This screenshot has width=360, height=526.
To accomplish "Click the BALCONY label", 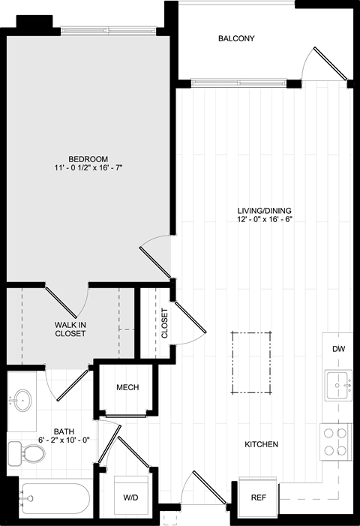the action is (x=236, y=38).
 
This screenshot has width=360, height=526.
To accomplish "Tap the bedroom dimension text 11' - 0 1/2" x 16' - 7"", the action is (x=88, y=168).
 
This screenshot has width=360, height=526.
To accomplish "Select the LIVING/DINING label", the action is (x=265, y=211).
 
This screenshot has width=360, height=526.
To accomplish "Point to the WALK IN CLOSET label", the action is (x=70, y=329).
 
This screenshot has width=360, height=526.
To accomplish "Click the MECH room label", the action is (x=127, y=387).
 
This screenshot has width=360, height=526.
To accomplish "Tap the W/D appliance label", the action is (x=130, y=497).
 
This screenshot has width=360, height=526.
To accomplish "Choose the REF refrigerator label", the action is (x=259, y=497).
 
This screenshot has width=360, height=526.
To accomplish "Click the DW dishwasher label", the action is (x=338, y=349).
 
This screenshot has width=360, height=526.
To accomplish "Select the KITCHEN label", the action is (x=262, y=444).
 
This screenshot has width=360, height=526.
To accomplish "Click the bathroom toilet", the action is (x=26, y=453).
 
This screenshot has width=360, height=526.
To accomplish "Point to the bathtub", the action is (x=54, y=498).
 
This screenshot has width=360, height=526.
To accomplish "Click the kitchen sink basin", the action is (x=338, y=385).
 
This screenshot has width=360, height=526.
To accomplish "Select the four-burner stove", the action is (x=335, y=442).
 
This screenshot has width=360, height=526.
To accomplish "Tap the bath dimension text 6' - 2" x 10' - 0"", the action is (x=64, y=440).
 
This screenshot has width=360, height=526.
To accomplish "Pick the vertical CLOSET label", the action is (x=164, y=323).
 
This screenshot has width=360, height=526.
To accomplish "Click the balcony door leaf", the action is (x=331, y=64).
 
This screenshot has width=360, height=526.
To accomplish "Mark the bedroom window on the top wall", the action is (x=108, y=31).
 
